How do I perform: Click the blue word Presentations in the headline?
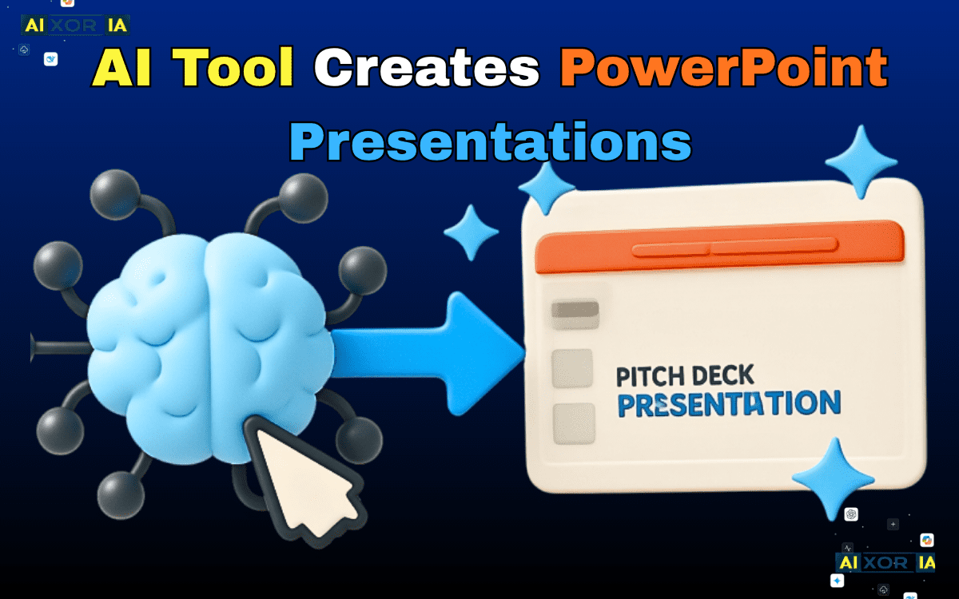click(490, 141)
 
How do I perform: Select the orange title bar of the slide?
click(719, 248)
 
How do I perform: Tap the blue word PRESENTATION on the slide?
click(729, 404)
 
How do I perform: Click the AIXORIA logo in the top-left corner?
click(76, 25)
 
